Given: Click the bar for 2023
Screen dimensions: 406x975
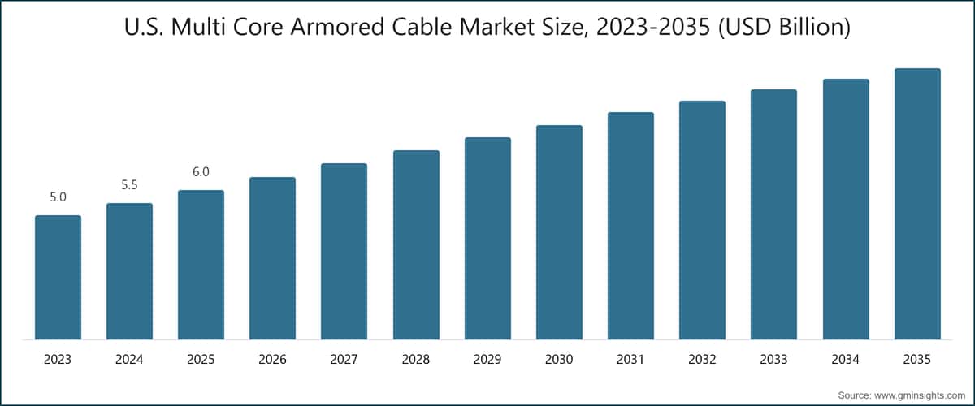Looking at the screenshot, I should [x=58, y=277].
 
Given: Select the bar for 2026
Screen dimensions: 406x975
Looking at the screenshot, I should [x=272, y=258].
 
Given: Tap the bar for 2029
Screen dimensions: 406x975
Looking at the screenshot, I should [x=487, y=238].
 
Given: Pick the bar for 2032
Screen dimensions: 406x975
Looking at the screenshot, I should [x=702, y=220].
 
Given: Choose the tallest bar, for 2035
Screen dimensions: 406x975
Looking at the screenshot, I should [x=917, y=204].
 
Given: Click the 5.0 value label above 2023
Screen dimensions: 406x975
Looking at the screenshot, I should [x=58, y=197].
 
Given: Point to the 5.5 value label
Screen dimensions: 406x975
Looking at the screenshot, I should [x=129, y=185].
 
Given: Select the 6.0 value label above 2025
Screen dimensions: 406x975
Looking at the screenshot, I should [x=201, y=172].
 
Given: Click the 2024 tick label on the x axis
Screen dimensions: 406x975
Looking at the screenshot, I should [x=129, y=359].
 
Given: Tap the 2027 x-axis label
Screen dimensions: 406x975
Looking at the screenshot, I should [x=344, y=359].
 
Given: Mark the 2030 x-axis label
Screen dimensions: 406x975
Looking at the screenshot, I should [x=559, y=359].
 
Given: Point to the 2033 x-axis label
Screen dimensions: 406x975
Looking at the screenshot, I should [x=773, y=359].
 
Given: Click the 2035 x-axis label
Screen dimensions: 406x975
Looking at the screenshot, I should [x=917, y=359].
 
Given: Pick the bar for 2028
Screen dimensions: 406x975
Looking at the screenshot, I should [x=416, y=244].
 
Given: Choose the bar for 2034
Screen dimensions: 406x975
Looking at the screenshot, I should [x=846, y=209].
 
